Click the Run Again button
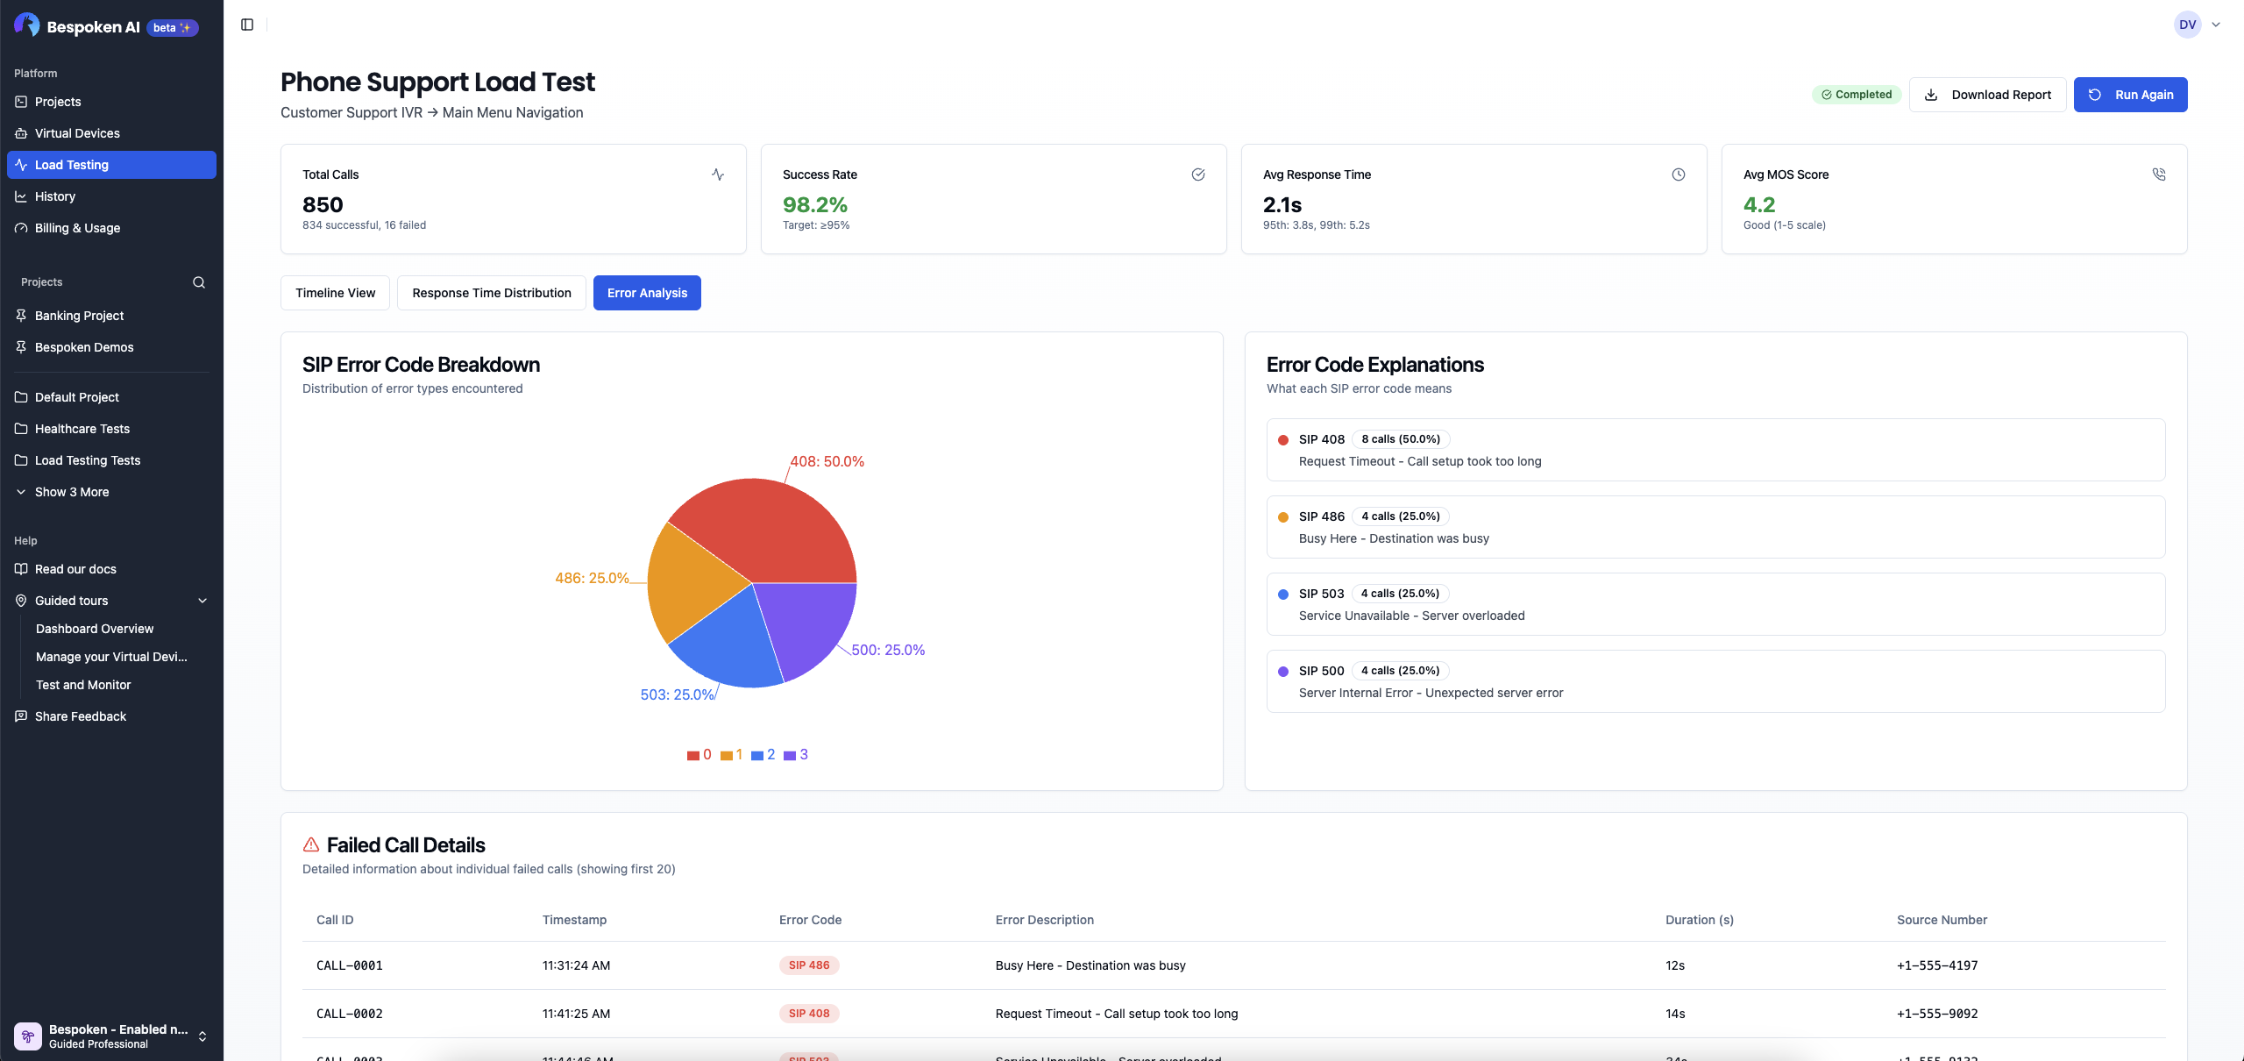click(2130, 95)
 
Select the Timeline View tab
click(335, 293)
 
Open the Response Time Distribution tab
click(491, 293)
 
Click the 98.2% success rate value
click(814, 205)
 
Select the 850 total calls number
click(323, 205)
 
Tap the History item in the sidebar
click(55, 196)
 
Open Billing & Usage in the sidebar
click(77, 228)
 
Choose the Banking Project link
click(79, 316)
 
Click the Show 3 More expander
click(72, 492)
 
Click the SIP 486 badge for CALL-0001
click(808, 965)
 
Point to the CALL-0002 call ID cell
click(349, 1014)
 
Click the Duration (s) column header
click(1699, 920)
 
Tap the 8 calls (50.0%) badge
click(1400, 439)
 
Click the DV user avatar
click(2187, 25)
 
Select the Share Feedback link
click(81, 716)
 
